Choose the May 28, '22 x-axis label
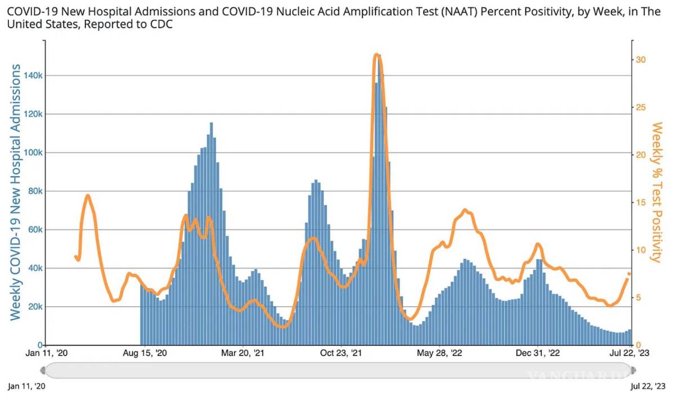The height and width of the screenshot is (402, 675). click(440, 353)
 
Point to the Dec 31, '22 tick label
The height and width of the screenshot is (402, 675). click(538, 353)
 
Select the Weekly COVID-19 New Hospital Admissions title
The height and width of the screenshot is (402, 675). click(16, 192)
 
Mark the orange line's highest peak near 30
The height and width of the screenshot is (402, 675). click(377, 55)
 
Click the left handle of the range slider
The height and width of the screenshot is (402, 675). click(43, 370)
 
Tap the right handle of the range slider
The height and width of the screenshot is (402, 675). click(633, 370)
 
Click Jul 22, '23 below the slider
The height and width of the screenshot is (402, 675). click(647, 386)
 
